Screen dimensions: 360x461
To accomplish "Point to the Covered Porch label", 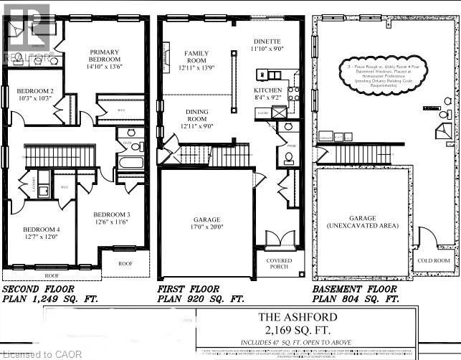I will click(x=280, y=263).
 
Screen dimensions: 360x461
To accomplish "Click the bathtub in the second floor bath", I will click(x=131, y=163).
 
